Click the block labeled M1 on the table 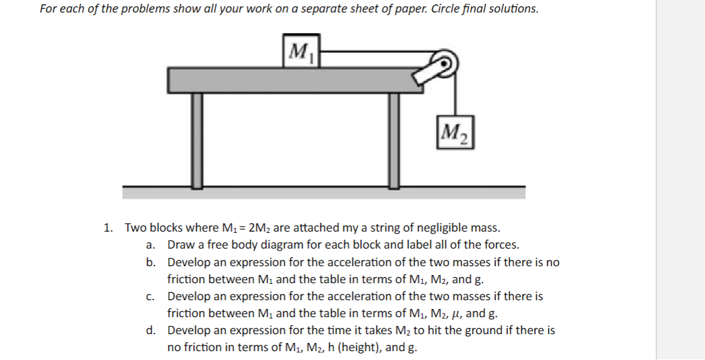pos(302,50)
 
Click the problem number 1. pos(108,228)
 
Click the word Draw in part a pos(181,245)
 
